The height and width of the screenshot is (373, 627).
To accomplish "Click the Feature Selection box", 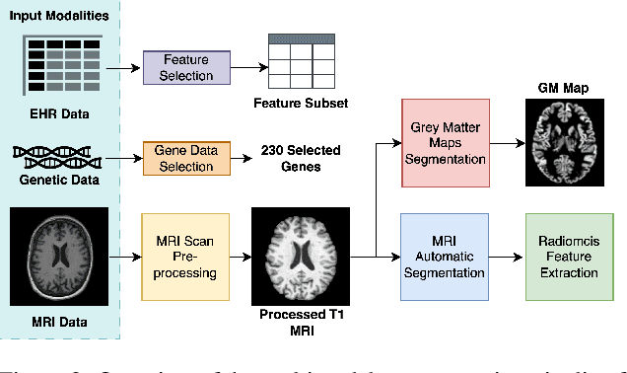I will pos(187,68).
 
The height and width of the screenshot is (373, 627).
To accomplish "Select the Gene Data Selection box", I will pos(185,159).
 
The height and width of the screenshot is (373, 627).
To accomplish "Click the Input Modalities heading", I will pos(59,16).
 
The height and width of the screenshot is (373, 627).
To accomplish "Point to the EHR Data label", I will pos(59,113).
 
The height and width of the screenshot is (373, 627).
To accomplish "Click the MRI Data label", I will pos(59,322).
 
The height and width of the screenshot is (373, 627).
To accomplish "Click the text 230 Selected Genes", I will pos(301,159).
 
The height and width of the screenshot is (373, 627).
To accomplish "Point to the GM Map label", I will pos(562,87).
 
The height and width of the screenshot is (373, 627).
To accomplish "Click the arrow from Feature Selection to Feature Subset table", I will pos(249,68).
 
